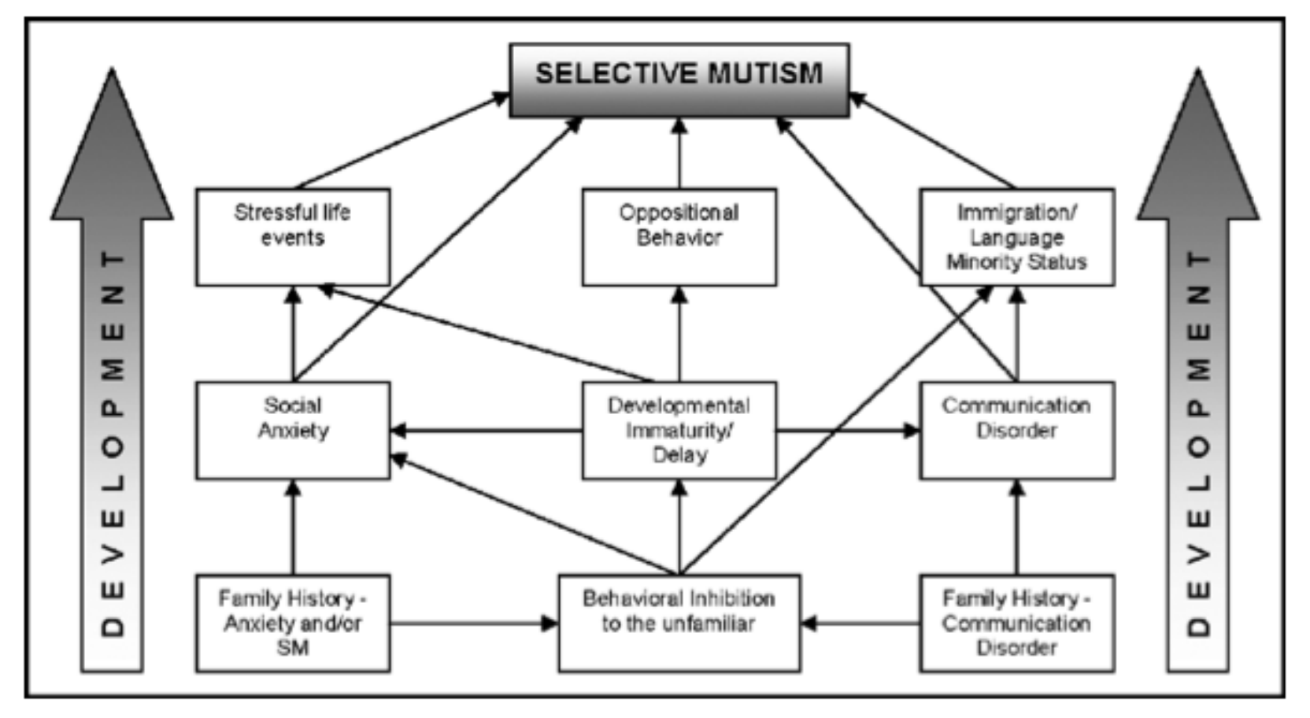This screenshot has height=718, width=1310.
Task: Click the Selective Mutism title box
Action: pyautogui.click(x=679, y=80)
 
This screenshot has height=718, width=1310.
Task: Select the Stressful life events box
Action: pyautogui.click(x=293, y=237)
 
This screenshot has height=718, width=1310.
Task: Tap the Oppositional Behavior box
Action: pyautogui.click(x=679, y=237)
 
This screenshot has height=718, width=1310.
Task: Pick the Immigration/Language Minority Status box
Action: pyautogui.click(x=1017, y=237)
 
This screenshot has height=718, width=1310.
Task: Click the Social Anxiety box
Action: pyautogui.click(x=293, y=431)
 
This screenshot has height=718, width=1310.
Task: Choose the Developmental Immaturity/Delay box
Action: pyautogui.click(x=679, y=431)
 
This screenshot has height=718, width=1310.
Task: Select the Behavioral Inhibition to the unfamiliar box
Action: pyautogui.click(x=679, y=624)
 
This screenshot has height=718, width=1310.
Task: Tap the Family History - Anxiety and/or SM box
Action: pyautogui.click(x=293, y=624)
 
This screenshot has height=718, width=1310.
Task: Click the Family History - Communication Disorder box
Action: pyautogui.click(x=1017, y=624)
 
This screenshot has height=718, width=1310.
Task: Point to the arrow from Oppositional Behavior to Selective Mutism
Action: pyautogui.click(x=679, y=154)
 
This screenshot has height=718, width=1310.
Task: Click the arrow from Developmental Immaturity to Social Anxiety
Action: pyautogui.click(x=487, y=431)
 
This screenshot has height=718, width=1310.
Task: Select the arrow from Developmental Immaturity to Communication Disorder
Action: pyautogui.click(x=848, y=431)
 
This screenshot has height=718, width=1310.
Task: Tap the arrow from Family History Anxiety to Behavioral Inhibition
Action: pyautogui.click(x=474, y=624)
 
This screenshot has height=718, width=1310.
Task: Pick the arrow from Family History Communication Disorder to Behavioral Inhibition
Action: pyautogui.click(x=860, y=624)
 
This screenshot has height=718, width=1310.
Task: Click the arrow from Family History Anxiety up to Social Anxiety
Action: pyautogui.click(x=293, y=527)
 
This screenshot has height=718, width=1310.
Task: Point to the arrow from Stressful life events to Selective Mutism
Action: pyautogui.click(x=402, y=141)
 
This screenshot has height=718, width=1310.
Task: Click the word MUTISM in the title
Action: pyautogui.click(x=766, y=74)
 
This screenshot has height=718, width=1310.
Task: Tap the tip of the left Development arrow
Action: pyautogui.click(x=113, y=69)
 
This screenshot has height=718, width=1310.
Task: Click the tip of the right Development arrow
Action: pyautogui.click(x=1197, y=69)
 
